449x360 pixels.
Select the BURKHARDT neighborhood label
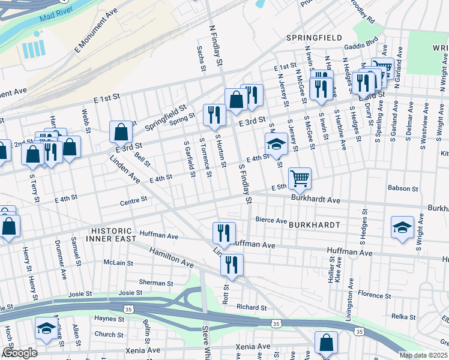pyautogui.click(x=314, y=225)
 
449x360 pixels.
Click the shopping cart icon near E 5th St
pyautogui.click(x=300, y=178)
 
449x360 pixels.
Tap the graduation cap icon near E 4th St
pyautogui.click(x=276, y=144)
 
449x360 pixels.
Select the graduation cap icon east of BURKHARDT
pyautogui.click(x=402, y=227)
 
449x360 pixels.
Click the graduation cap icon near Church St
pyautogui.click(x=46, y=329)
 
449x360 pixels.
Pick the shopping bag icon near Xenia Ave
pyautogui.click(x=326, y=343)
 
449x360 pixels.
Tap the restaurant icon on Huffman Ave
pyautogui.click(x=224, y=233)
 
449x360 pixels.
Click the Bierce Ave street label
pyautogui.click(x=271, y=220)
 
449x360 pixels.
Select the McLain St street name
pyautogui.click(x=118, y=262)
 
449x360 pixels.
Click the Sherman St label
pyautogui.click(x=156, y=283)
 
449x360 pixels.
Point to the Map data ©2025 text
pyautogui.click(x=423, y=355)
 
